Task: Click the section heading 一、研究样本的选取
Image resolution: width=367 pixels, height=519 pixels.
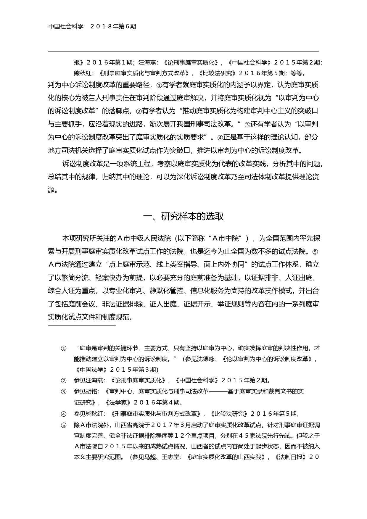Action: (x=183, y=217)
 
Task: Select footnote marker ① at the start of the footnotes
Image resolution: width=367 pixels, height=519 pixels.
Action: (x=63, y=348)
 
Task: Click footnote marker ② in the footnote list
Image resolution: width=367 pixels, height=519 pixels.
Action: (x=63, y=381)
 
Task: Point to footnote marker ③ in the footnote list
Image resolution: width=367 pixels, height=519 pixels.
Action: (x=63, y=392)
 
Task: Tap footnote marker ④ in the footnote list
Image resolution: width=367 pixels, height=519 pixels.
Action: (x=63, y=414)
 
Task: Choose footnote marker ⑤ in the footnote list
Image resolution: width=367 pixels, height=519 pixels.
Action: (x=63, y=425)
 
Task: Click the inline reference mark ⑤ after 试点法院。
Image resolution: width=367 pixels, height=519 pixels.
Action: (x=315, y=252)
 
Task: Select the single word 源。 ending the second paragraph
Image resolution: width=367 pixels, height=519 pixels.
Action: (x=53, y=190)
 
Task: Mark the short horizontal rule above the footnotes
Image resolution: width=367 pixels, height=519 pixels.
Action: (x=82, y=325)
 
